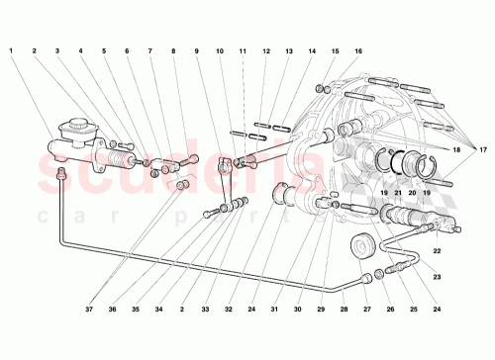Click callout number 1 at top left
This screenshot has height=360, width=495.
(x=11, y=50)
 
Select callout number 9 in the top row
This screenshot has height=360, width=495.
(x=197, y=50)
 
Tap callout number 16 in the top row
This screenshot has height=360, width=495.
(x=357, y=50)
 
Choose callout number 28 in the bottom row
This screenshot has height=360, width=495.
(x=345, y=309)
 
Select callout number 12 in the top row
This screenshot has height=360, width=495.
(x=266, y=50)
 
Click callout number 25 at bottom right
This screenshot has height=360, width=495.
(x=414, y=309)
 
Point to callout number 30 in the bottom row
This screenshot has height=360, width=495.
(x=297, y=309)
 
